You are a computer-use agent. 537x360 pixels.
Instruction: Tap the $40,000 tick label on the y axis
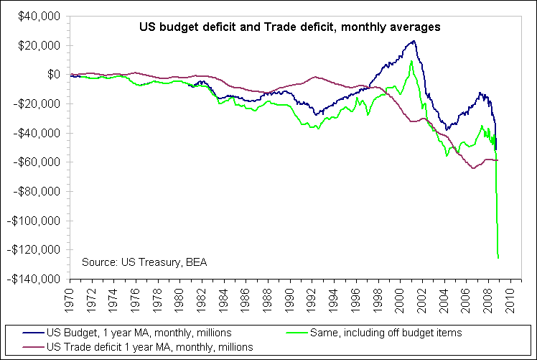(x=40, y=16)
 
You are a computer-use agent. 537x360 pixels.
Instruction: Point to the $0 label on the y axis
(x=54, y=74)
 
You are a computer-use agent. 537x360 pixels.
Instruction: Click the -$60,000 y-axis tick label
(x=37, y=162)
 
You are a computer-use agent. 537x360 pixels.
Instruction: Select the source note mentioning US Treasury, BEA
(x=144, y=262)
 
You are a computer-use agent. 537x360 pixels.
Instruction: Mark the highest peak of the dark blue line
(x=413, y=41)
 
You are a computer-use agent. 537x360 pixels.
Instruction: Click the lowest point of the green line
(x=498, y=257)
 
